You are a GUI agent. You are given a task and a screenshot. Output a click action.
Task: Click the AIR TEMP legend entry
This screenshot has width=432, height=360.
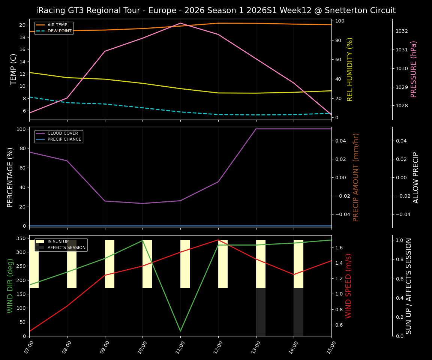coord(57,25)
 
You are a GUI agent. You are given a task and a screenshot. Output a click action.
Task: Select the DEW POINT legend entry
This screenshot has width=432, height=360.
coord(59,31)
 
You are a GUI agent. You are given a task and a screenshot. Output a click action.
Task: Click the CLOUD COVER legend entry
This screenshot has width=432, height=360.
coord(63,133)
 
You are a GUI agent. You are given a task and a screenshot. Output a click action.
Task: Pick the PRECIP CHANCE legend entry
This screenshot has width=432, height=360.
coord(64,139)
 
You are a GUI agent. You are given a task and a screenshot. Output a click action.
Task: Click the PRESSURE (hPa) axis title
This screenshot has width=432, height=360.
coord(414,69)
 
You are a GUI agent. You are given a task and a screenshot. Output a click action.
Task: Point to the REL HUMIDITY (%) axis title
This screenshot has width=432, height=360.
coord(350,69)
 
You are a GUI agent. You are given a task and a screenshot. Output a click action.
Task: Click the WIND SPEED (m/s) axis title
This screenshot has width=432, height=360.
coord(349,286)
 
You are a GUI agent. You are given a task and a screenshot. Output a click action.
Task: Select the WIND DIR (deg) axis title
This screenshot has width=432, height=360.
coord(10,286)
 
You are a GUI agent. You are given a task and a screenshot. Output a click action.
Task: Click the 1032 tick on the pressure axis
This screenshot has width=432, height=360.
coord(402,31)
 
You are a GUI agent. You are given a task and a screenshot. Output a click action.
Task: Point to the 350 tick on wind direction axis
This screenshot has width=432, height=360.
coord(21,238)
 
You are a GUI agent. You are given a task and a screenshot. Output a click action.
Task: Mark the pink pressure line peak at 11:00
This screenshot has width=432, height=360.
coord(180,23)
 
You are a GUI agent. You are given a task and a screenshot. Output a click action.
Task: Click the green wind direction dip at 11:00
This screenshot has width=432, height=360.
coord(180,331)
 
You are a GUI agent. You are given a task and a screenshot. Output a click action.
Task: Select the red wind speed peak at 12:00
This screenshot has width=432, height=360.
coord(218,240)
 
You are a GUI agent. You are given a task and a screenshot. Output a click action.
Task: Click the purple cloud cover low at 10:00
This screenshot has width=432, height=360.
coord(142,203)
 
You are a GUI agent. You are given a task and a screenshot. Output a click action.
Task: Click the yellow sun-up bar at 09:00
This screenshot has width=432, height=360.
coord(109,264)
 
